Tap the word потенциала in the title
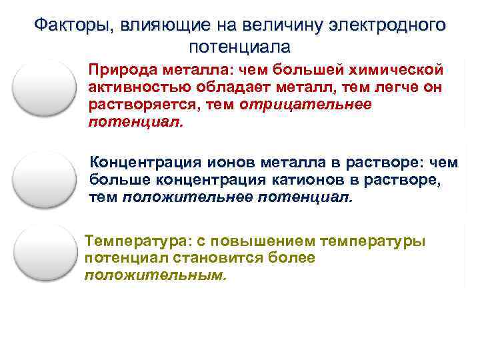(240, 47)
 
